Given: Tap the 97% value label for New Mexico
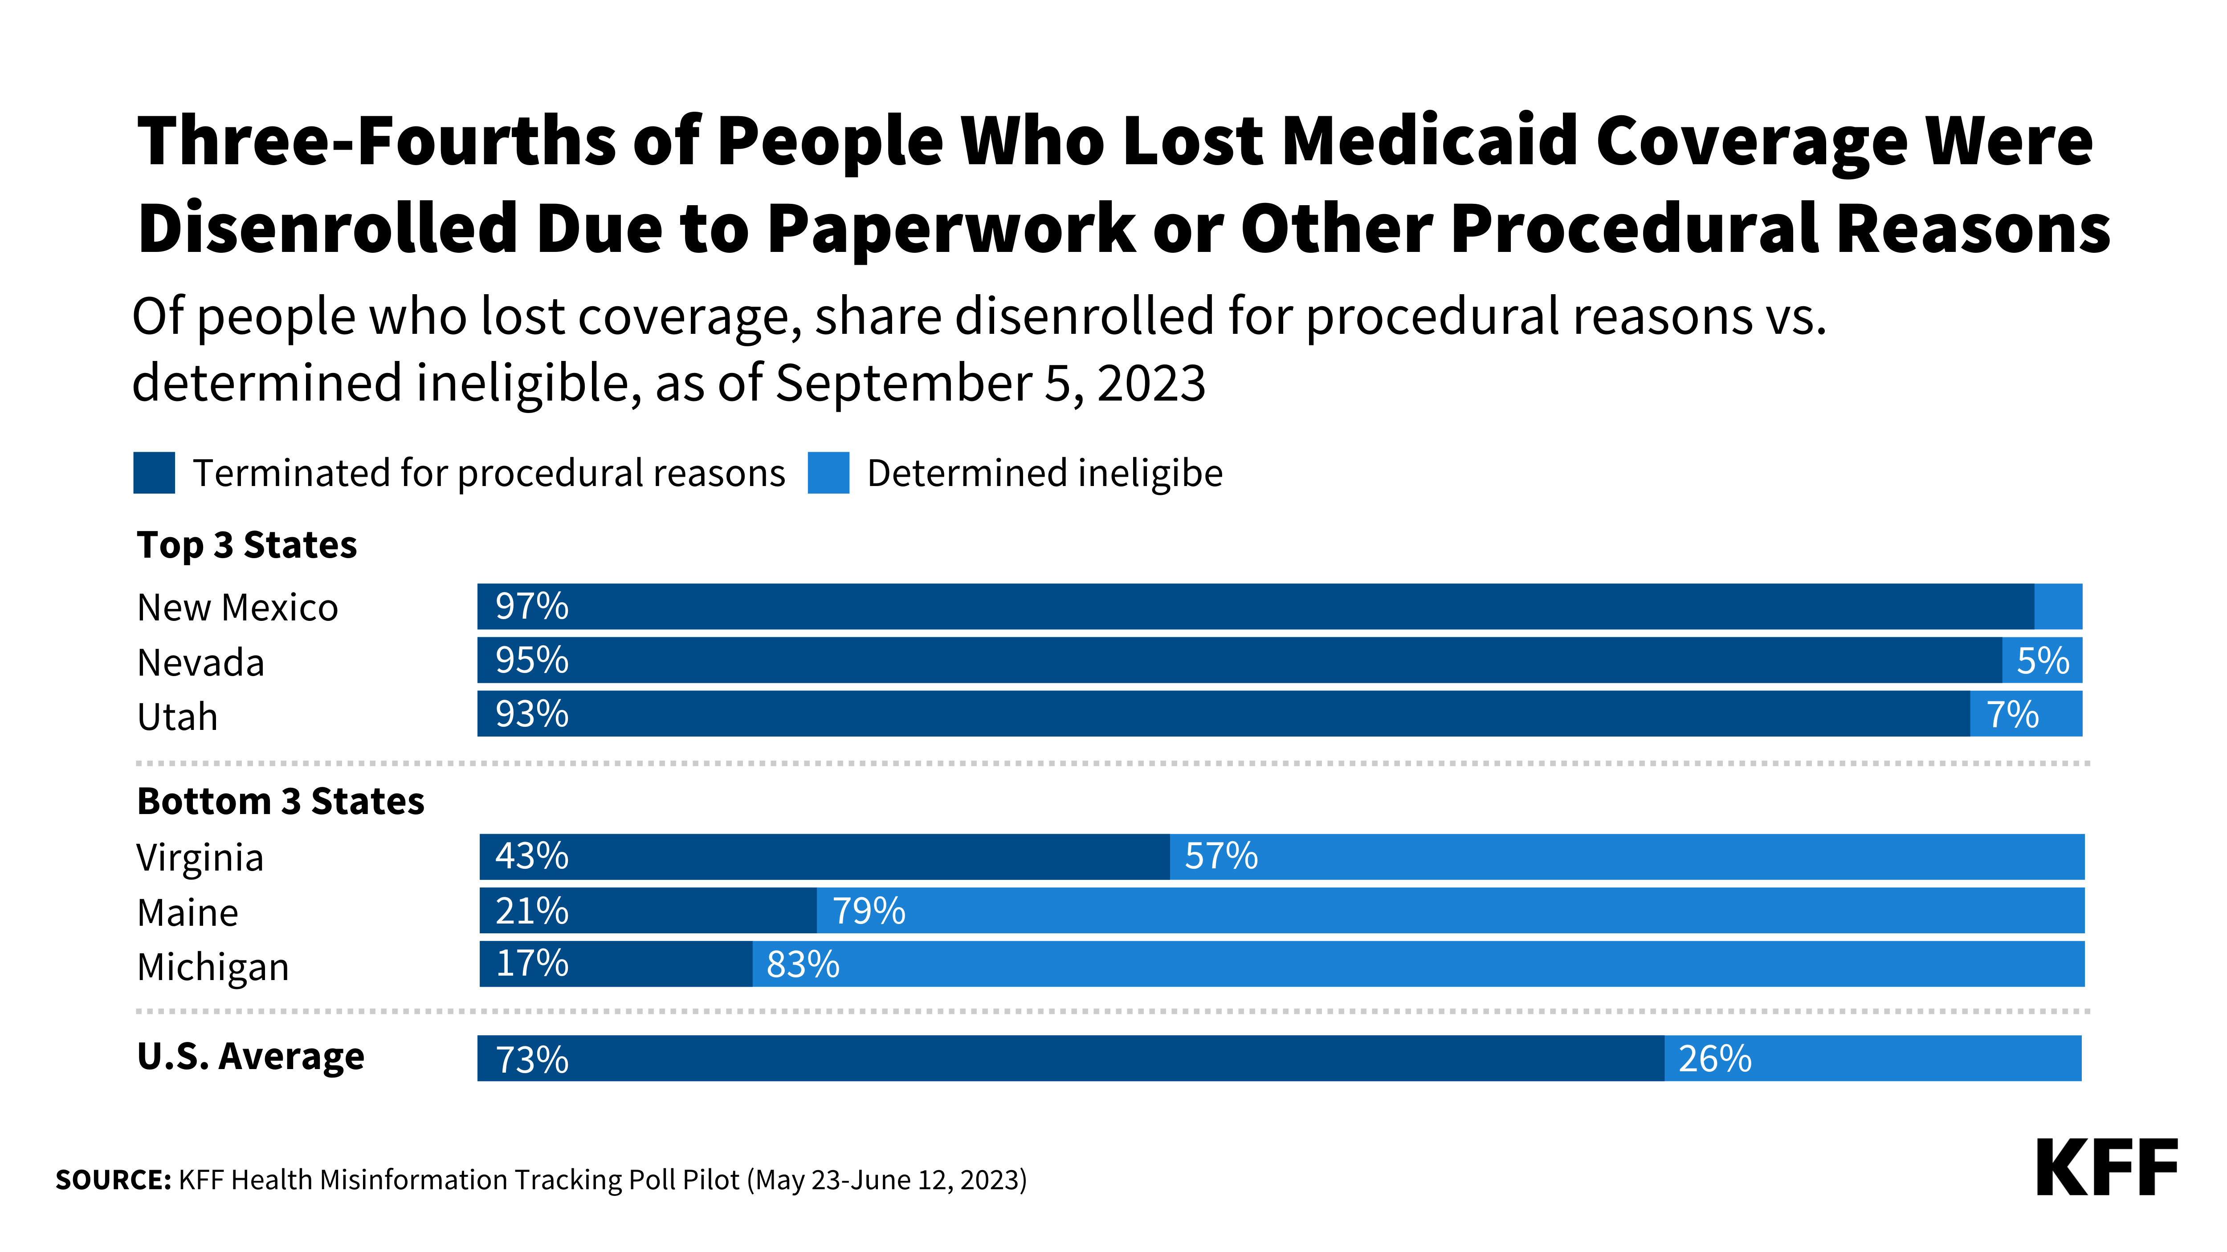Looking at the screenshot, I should pos(532,607).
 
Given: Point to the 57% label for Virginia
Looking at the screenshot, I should pos(1221,856).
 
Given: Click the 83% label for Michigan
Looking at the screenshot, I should pos(802,964).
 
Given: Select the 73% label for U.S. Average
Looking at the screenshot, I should pos(532,1059).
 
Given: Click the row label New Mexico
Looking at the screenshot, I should pos(238,608).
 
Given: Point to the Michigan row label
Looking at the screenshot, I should pos(212,967).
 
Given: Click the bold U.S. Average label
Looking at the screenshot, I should pos(251,1056).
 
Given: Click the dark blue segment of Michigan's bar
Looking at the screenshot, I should pos(657,964).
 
